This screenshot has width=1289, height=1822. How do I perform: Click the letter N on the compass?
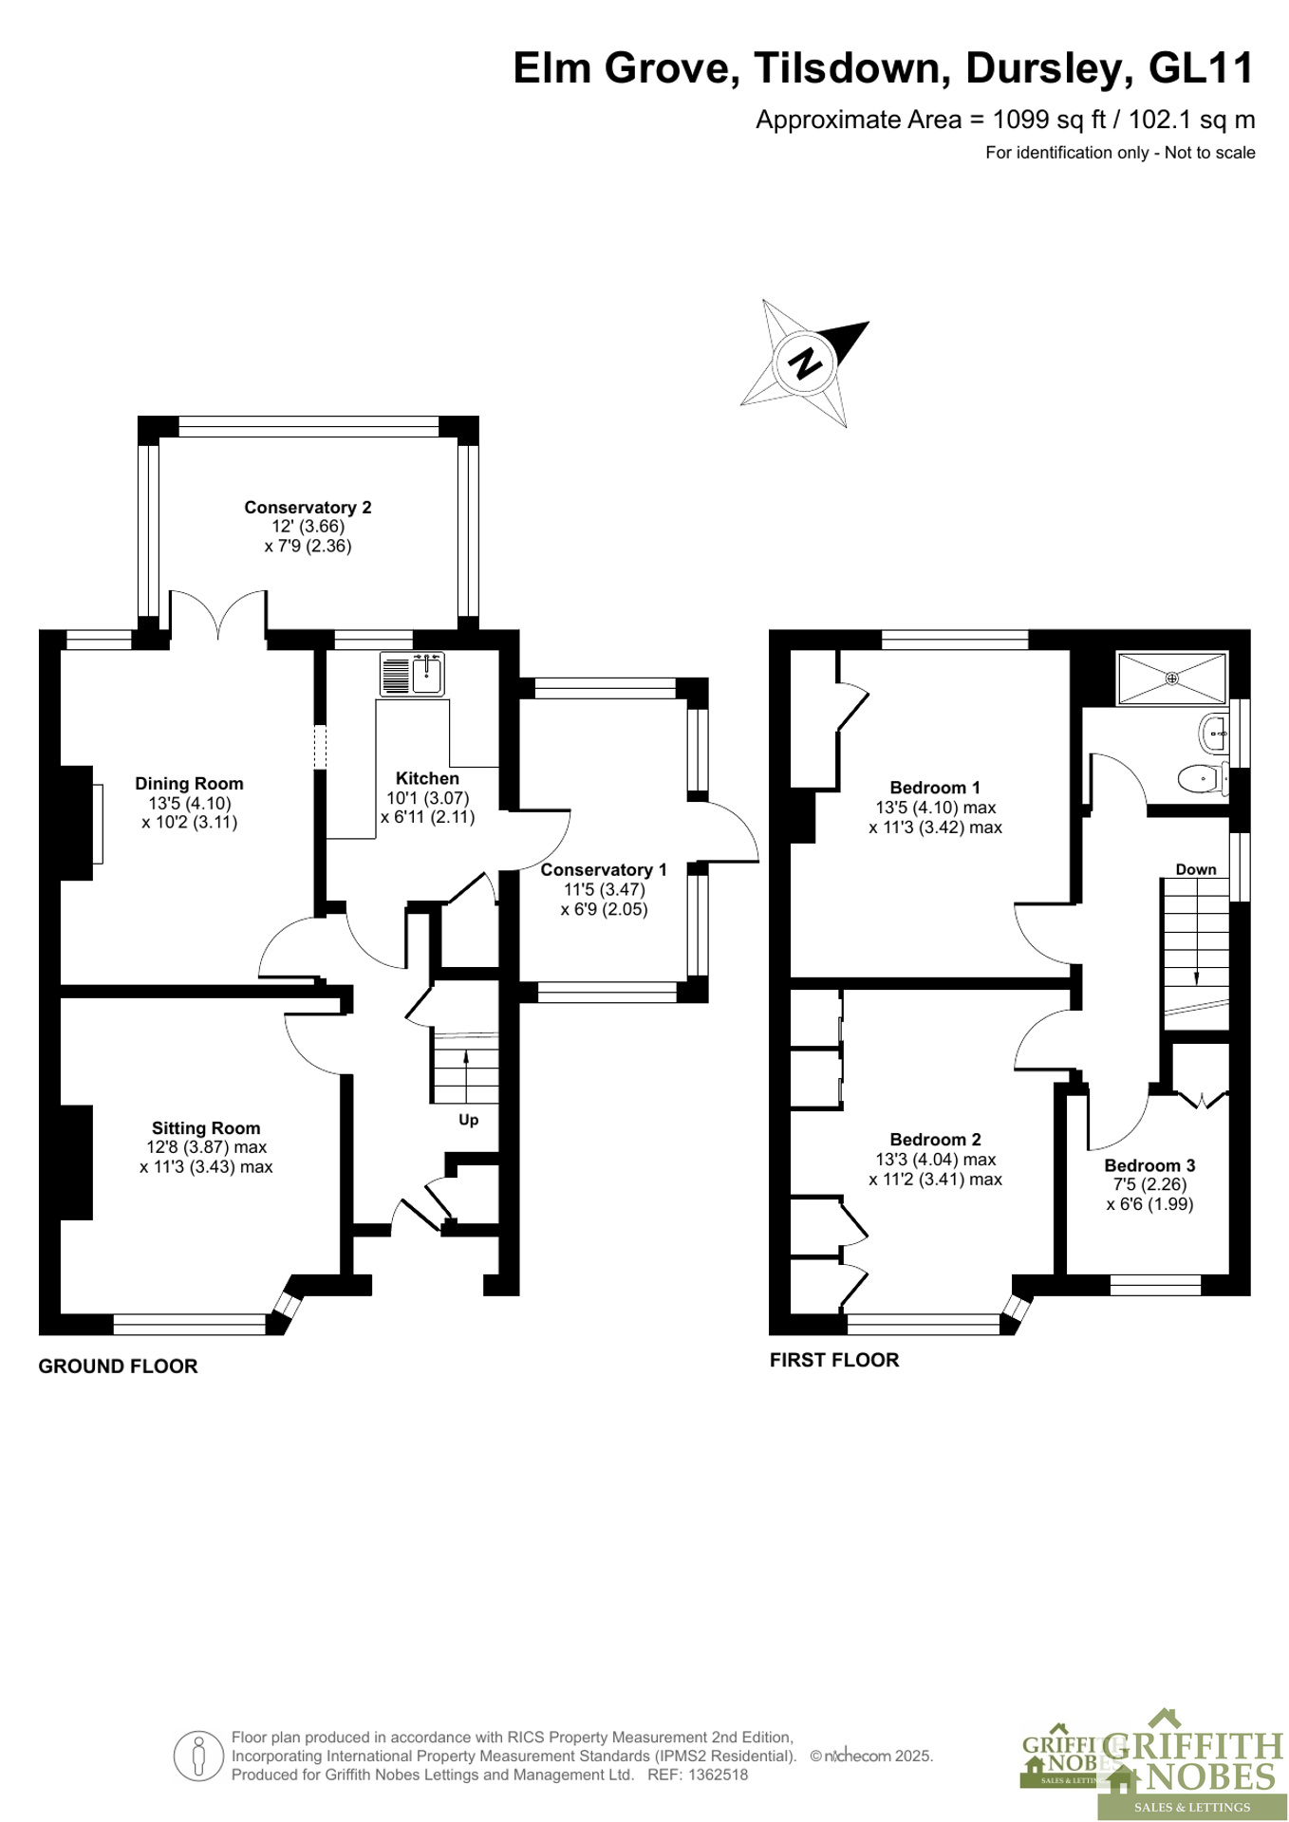coord(805,363)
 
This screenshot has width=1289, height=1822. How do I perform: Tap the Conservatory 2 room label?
coord(308,508)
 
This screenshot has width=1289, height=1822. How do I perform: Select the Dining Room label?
coord(189,784)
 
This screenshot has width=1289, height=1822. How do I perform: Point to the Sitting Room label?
coord(206,1128)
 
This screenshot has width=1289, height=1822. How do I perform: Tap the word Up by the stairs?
coord(468,1120)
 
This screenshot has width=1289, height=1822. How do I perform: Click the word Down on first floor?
coord(1196,869)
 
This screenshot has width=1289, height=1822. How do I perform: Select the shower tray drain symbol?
coord(1172,679)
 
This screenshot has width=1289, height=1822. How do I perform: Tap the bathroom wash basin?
coord(1214,733)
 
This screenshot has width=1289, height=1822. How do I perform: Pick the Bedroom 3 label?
coord(1149,1165)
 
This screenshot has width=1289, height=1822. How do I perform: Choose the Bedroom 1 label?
coord(935,788)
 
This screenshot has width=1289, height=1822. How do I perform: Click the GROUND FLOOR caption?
coord(118,1366)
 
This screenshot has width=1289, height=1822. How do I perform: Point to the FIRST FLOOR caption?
coord(834,1360)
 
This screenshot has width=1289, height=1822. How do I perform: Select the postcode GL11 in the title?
coord(1201,68)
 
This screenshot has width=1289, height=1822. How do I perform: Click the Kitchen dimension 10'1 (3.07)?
coord(427,799)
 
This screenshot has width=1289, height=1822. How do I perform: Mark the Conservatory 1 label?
coord(604,870)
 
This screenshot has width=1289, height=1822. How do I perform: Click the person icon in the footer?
coord(198,1756)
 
